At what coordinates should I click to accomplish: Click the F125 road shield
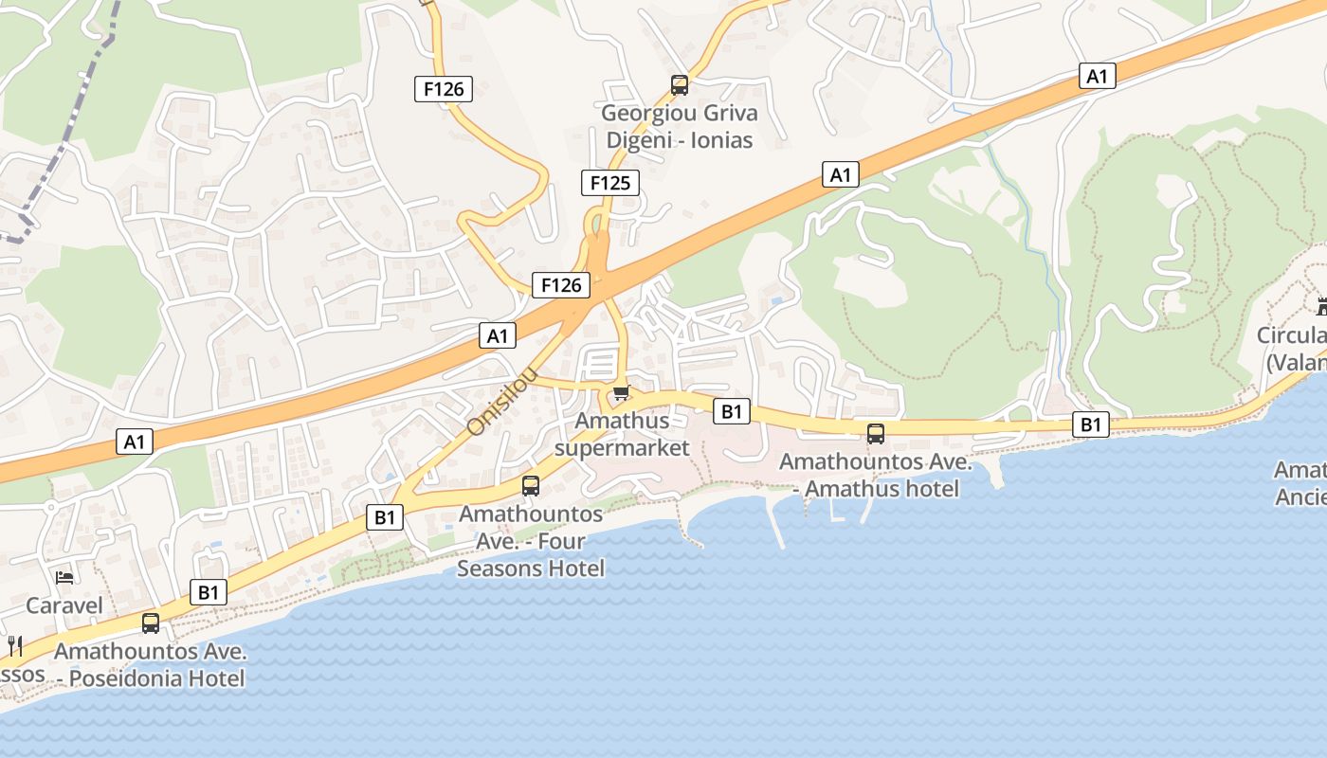(609, 183)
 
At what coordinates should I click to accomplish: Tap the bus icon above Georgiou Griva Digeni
(679, 85)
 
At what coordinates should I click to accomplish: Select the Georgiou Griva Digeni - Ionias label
(681, 127)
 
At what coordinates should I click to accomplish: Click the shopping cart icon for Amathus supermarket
(621, 392)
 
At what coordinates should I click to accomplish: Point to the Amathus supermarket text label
(622, 434)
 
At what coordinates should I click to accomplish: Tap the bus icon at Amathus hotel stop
(876, 434)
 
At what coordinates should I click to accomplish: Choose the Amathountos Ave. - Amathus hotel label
(876, 476)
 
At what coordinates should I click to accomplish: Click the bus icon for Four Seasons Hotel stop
(531, 486)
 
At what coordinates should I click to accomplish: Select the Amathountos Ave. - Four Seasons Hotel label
(531, 541)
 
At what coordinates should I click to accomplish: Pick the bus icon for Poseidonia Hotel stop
(151, 623)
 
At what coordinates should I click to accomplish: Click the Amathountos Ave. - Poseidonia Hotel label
(151, 665)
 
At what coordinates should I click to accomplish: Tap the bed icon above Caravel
(64, 577)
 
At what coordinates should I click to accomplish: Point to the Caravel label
(64, 605)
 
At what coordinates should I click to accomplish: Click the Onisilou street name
(502, 404)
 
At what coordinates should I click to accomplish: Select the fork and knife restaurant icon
(15, 646)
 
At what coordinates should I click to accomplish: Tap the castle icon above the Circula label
(1321, 306)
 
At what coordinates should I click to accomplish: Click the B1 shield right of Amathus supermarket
(731, 411)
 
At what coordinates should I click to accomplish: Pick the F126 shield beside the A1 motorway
(560, 284)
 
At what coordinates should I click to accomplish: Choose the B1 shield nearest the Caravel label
(209, 593)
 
